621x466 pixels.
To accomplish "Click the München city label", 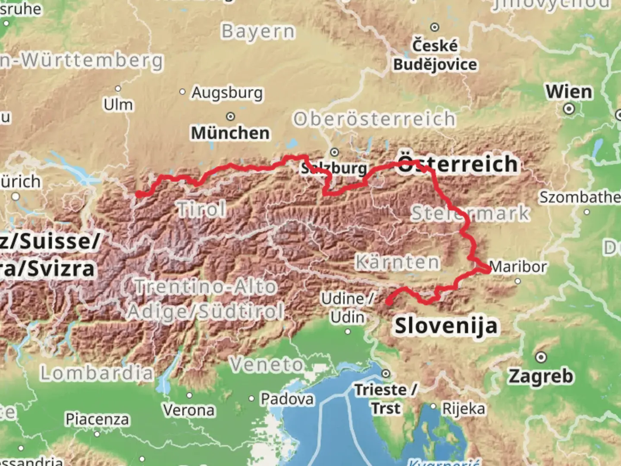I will click(x=230, y=133).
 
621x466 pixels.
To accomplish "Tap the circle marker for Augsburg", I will click(x=182, y=92).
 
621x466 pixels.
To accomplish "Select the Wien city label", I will click(x=569, y=91).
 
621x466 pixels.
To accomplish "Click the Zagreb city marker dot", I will click(x=541, y=357).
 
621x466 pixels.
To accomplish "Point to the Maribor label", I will click(x=518, y=267).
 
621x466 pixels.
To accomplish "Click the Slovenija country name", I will click(x=446, y=326).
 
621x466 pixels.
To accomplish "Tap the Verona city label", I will click(x=189, y=410).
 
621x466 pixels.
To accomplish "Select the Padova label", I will click(x=287, y=399).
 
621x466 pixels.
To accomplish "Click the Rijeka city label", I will click(x=464, y=408).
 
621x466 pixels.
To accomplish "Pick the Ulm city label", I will click(x=118, y=104).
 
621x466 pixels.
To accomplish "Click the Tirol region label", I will click(x=201, y=210).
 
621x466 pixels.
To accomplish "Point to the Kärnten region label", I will click(x=397, y=262).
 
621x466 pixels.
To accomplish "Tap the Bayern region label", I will click(x=258, y=31).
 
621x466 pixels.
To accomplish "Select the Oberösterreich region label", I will click(x=374, y=119).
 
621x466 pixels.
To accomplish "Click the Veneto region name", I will click(x=267, y=365).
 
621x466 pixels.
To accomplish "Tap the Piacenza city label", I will click(x=97, y=419).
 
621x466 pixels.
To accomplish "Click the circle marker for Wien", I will click(x=569, y=109).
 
